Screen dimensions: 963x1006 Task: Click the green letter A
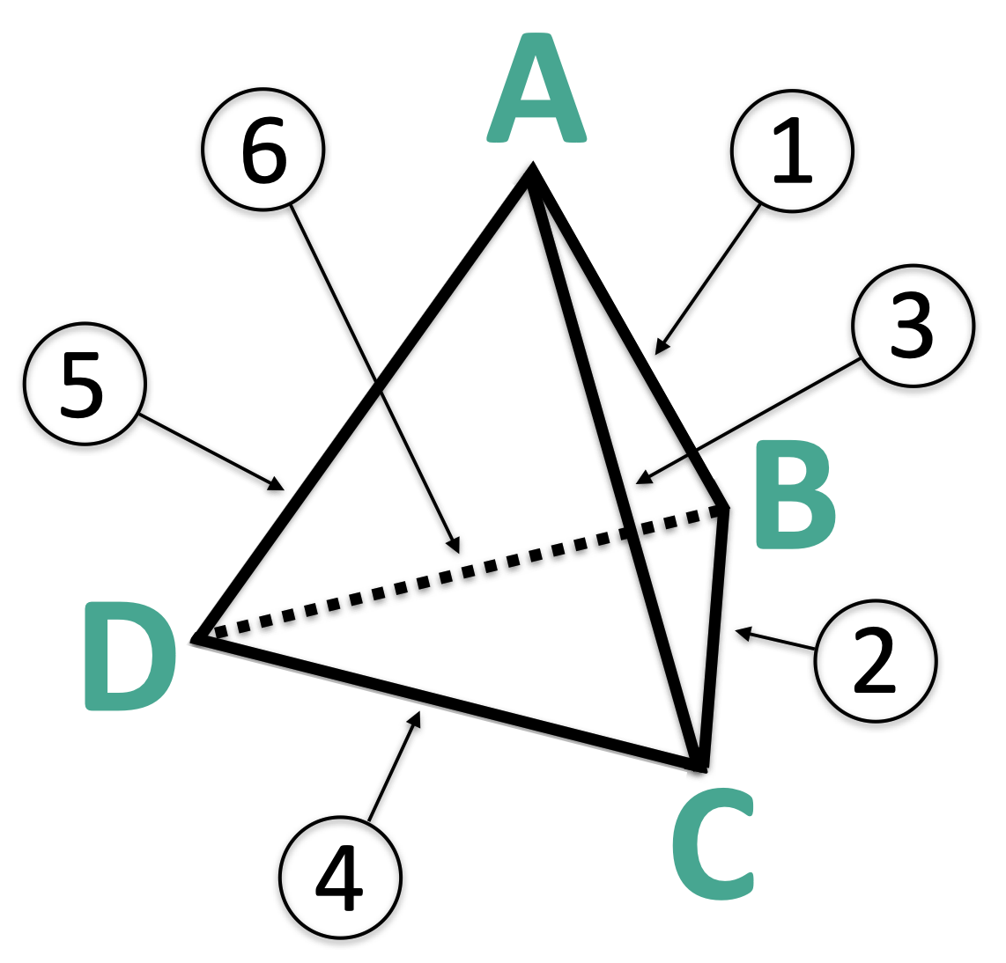tap(536, 92)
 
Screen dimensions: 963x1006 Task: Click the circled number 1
tap(792, 151)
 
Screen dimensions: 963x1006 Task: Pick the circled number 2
tap(876, 661)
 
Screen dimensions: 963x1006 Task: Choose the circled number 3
tap(913, 326)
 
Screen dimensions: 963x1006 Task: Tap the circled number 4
tap(340, 877)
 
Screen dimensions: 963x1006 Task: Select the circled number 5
tap(85, 384)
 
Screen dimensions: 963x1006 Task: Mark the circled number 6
tap(263, 149)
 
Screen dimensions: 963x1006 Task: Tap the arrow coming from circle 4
tap(393, 766)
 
